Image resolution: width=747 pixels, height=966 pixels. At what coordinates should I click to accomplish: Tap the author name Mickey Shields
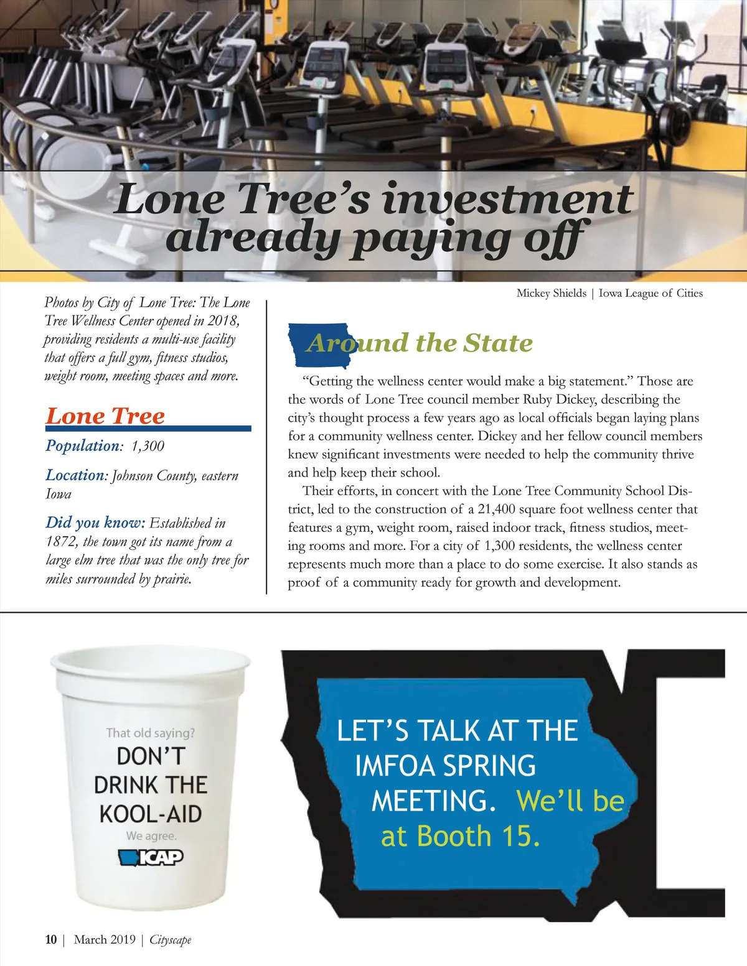551,293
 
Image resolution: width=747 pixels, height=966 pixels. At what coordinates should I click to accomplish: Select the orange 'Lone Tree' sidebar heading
105,416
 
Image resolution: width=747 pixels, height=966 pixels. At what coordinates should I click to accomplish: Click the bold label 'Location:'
77,475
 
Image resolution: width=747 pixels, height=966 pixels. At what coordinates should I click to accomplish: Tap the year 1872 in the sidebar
61,541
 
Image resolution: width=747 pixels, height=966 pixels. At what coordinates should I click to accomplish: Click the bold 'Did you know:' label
95,522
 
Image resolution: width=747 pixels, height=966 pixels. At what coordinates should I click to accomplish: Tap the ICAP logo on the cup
151,858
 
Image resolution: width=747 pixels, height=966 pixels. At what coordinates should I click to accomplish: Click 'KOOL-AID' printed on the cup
151,814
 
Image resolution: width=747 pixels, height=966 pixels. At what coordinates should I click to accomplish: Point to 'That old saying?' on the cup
150,733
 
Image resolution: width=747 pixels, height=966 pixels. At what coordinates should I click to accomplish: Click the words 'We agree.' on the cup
151,835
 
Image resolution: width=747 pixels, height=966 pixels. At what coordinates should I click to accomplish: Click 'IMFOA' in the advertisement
394,766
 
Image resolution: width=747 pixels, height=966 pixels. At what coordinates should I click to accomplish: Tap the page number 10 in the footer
51,939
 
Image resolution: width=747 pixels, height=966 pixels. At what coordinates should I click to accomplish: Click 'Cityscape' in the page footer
170,940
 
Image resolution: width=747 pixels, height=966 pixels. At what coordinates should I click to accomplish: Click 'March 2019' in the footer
105,939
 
